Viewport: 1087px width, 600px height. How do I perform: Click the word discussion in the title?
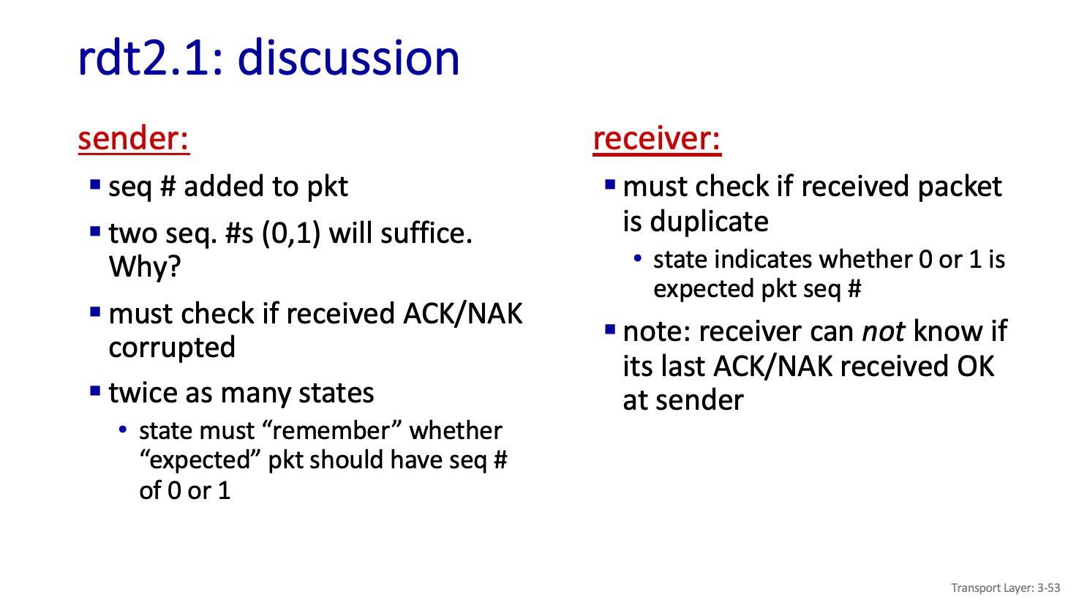pyautogui.click(x=348, y=58)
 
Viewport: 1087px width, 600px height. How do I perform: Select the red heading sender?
pyautogui.click(x=133, y=139)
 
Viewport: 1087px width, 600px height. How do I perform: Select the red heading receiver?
pyautogui.click(x=657, y=139)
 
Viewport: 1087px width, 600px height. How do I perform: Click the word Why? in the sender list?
pyautogui.click(x=145, y=266)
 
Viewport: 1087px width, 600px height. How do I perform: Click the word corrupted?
pyautogui.click(x=172, y=348)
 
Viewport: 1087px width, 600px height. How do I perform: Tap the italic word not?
pyautogui.click(x=883, y=331)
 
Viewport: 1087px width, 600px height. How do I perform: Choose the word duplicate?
pyautogui.click(x=709, y=222)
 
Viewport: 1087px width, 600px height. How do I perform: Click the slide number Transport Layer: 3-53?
pyautogui.click(x=1006, y=588)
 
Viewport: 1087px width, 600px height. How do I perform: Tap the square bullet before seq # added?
pyautogui.click(x=95, y=185)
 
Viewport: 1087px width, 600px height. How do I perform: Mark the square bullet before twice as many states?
pyautogui.click(x=95, y=391)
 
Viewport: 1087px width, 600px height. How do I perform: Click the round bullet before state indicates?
pyautogui.click(x=638, y=258)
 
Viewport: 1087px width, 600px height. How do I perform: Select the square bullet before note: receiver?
pyautogui.click(x=610, y=330)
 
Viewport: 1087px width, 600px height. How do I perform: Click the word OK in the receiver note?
pyautogui.click(x=975, y=366)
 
